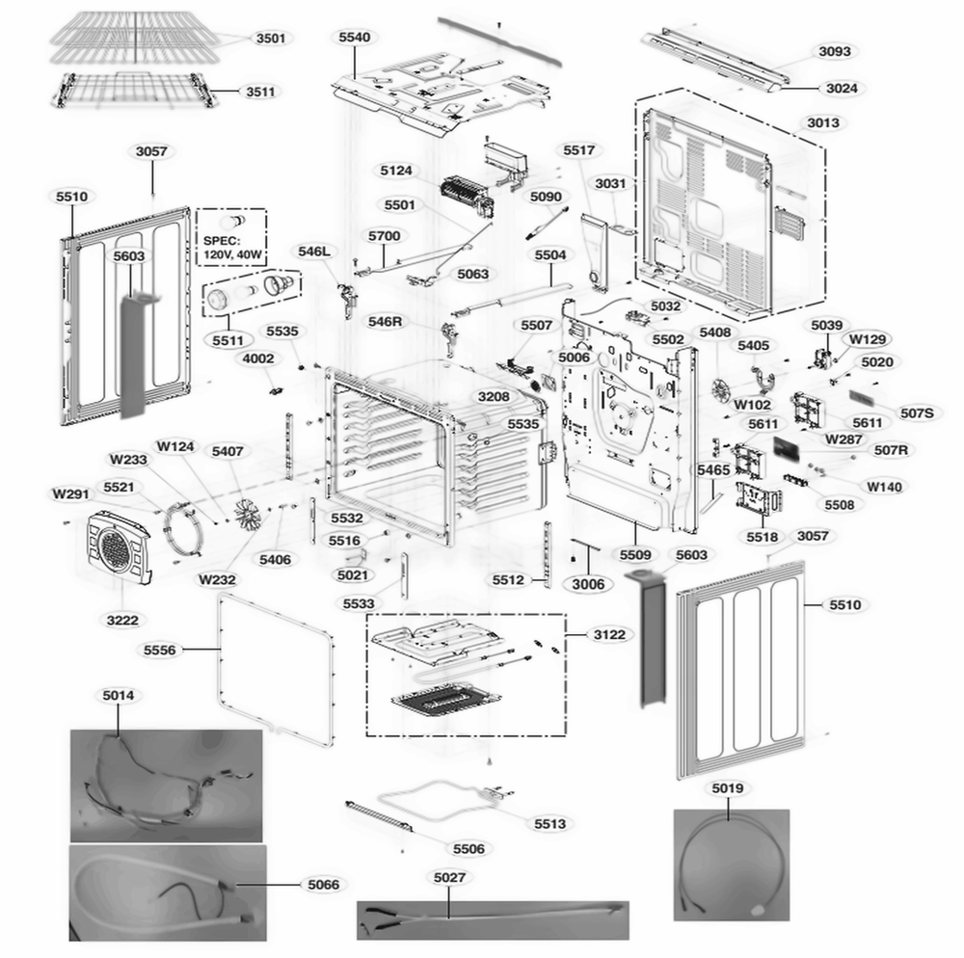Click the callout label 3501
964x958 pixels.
click(x=270, y=39)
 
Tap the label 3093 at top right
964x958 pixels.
click(x=835, y=51)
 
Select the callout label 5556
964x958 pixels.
click(x=160, y=651)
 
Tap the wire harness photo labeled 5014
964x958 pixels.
click(x=165, y=785)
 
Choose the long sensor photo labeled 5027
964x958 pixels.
click(x=492, y=919)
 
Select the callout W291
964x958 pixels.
click(x=71, y=494)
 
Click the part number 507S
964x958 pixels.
click(x=916, y=413)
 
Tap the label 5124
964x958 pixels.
click(x=396, y=172)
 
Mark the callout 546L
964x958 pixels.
click(x=314, y=252)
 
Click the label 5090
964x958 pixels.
click(x=546, y=197)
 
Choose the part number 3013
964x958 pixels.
click(x=823, y=123)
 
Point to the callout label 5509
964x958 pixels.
click(x=635, y=555)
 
